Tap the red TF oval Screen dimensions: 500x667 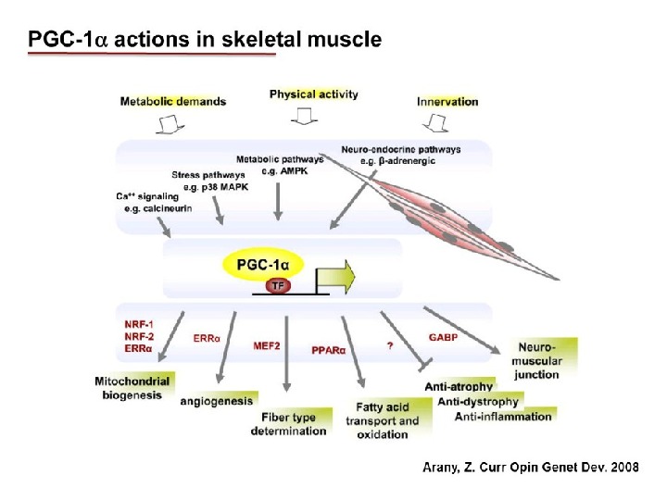[x=278, y=285]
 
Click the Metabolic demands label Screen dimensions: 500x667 [x=172, y=101]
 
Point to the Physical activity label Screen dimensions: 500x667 [x=313, y=94]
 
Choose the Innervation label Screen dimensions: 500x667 [x=447, y=101]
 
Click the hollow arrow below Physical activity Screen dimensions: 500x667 [x=303, y=117]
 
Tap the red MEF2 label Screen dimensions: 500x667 [x=268, y=345]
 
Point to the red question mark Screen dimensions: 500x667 [x=391, y=346]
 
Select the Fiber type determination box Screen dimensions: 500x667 [x=288, y=424]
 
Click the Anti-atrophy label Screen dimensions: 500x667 [x=459, y=385]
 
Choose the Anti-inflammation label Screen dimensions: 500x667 [x=503, y=417]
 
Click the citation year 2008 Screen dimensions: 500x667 [x=619, y=469]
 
